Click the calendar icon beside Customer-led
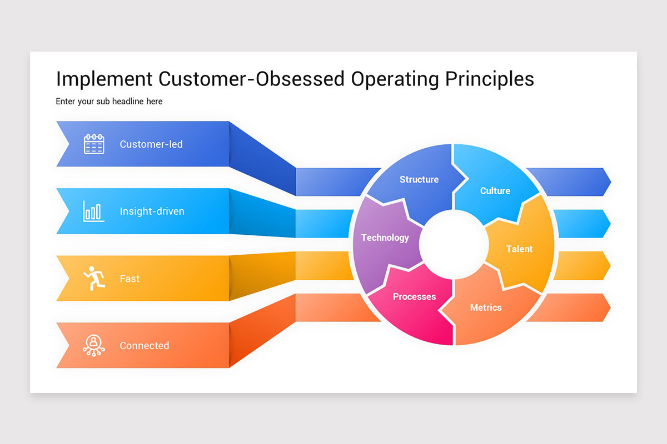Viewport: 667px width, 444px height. [x=94, y=144]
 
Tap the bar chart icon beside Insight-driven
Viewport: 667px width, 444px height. [x=93, y=211]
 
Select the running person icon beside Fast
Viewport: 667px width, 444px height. [x=94, y=278]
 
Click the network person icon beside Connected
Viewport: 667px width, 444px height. [x=94, y=345]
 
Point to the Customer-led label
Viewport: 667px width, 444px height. [x=151, y=144]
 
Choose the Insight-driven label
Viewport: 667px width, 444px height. [x=152, y=211]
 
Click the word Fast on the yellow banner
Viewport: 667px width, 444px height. [x=130, y=279]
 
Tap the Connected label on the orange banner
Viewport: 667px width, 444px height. [x=144, y=346]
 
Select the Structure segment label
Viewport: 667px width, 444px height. [x=419, y=179]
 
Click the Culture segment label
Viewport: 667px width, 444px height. [x=495, y=191]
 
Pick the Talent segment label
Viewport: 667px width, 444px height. [x=519, y=249]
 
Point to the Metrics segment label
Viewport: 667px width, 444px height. [x=486, y=307]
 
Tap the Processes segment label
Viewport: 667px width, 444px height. [x=414, y=297]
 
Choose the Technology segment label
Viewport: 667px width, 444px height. [x=385, y=238]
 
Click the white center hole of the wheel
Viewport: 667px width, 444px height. [x=453, y=245]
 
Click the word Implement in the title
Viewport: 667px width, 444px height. [x=104, y=79]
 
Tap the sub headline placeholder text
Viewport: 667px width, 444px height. [x=109, y=102]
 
